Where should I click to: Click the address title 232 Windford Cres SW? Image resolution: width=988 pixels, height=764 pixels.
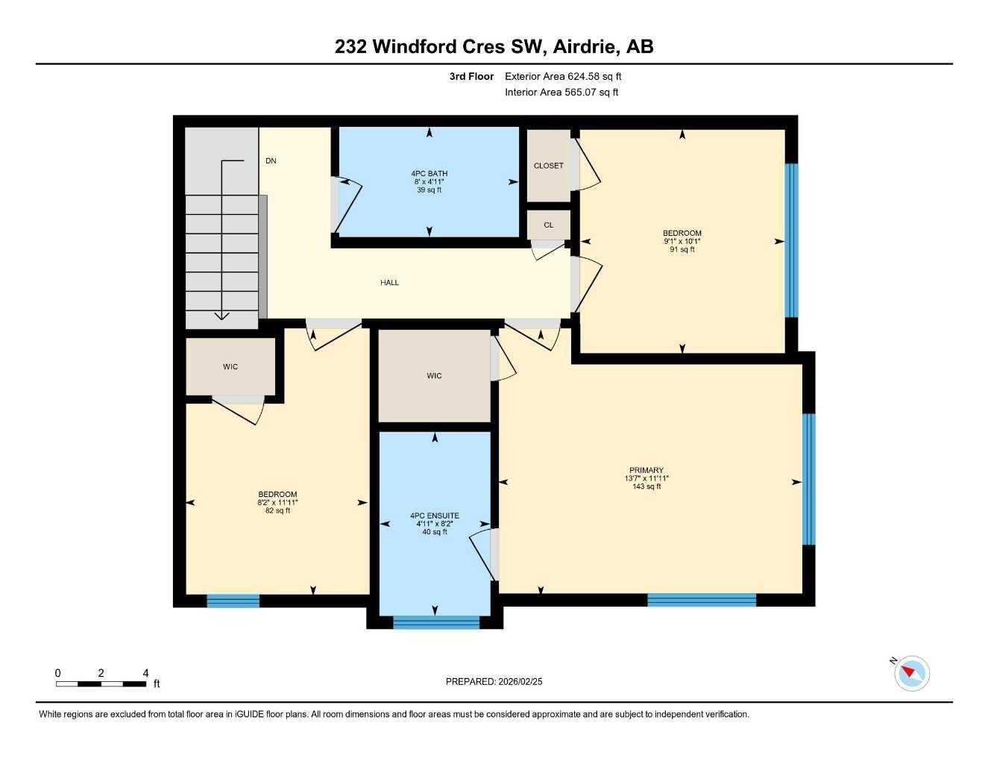coord(494,46)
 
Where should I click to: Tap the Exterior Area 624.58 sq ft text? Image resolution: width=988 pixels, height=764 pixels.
coord(563,76)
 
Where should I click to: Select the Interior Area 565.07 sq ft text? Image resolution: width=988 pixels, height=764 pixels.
coord(561,93)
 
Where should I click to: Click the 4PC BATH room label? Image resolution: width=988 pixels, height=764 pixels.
coord(429,174)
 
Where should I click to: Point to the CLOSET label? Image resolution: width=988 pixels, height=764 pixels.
coord(548,166)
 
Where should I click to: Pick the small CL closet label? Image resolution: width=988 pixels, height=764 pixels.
coord(548,225)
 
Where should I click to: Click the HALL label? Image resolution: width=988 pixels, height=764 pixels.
coord(389,283)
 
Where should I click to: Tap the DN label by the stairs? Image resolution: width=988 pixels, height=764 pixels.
coord(271,161)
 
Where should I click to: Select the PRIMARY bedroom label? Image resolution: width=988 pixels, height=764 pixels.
coord(646,471)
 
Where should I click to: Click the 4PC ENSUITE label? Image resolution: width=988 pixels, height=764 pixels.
coord(434,516)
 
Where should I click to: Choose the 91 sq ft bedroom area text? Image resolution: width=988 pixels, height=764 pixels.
coord(682,250)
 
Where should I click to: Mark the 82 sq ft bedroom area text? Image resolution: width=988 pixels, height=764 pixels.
coord(277,511)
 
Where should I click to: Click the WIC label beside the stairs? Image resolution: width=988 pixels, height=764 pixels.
coord(230,367)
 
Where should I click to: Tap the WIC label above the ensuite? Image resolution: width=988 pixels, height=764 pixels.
coord(434,376)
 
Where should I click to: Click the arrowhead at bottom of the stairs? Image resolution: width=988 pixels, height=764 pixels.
coord(221,316)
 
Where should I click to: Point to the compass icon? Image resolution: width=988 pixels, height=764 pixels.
coord(911,674)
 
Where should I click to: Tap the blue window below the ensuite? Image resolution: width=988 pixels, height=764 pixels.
coord(435,622)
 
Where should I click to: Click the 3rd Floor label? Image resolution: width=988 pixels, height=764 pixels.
coord(471,76)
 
